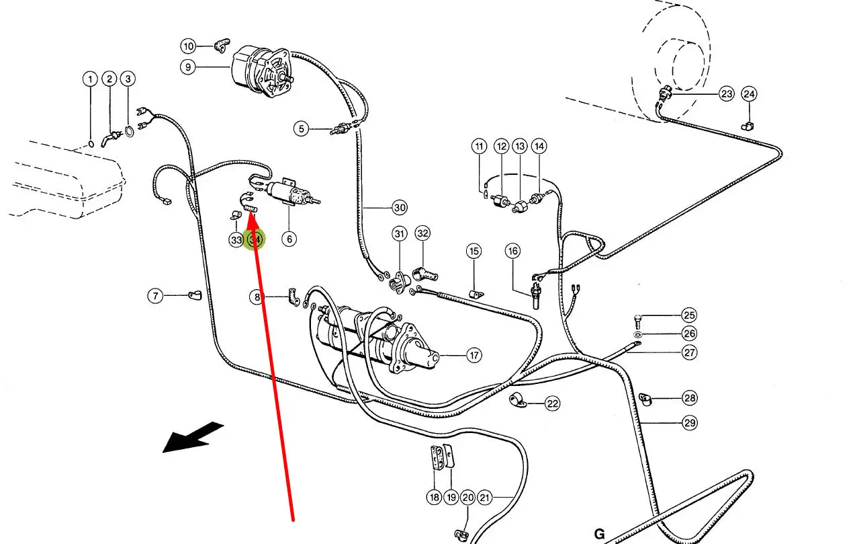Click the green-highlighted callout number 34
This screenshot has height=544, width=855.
pyautogui.click(x=255, y=239)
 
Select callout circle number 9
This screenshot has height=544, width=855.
pyautogui.click(x=188, y=67)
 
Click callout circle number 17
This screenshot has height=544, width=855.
pyautogui.click(x=474, y=354)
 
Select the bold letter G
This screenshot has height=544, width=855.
pyautogui.click(x=599, y=535)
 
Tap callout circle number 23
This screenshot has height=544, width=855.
pyautogui.click(x=727, y=93)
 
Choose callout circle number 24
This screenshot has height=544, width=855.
pyautogui.click(x=750, y=93)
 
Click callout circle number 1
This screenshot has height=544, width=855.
pyautogui.click(x=90, y=79)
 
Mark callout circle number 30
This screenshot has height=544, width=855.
pyautogui.click(x=400, y=207)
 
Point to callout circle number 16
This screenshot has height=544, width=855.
pyautogui.click(x=513, y=251)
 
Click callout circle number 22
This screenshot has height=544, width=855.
pyautogui.click(x=552, y=403)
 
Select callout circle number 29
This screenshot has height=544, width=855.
pyautogui.click(x=690, y=422)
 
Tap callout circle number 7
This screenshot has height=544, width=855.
pyautogui.click(x=155, y=295)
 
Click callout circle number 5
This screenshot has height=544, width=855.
pyautogui.click(x=302, y=128)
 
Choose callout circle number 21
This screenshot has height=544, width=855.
pyautogui.click(x=485, y=498)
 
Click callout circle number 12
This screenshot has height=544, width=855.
pyautogui.click(x=502, y=146)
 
